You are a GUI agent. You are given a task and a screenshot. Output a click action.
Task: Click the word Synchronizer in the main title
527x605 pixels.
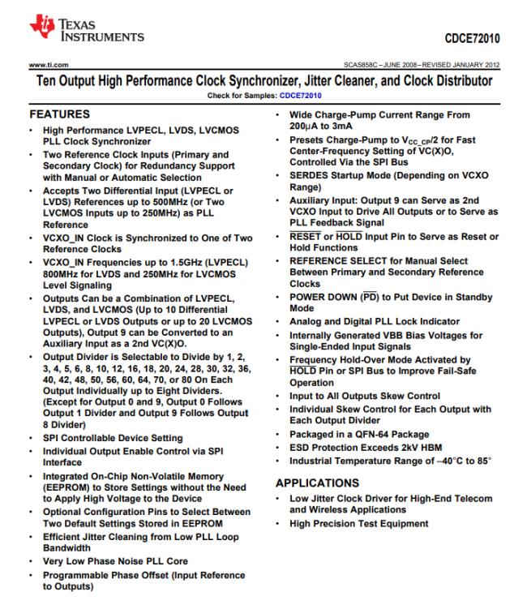(x=285, y=82)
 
